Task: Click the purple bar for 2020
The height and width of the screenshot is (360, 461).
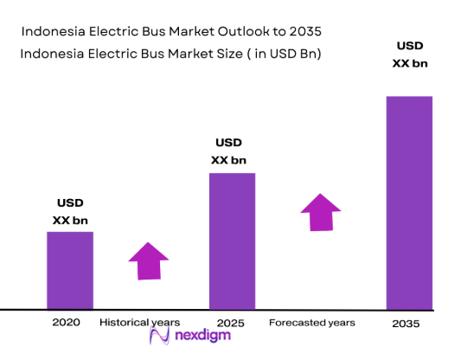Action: click(x=70, y=270)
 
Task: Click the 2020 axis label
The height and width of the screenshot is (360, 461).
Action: click(x=66, y=322)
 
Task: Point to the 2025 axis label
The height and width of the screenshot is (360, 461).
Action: click(x=232, y=323)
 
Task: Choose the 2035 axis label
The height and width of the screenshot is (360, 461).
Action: click(x=405, y=324)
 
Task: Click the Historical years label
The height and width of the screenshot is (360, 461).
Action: click(x=140, y=322)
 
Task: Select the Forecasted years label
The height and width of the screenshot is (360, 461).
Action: click(x=312, y=323)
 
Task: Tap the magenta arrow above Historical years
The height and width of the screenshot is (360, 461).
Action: click(x=149, y=260)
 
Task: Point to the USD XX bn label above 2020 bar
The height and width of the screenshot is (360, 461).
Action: click(x=70, y=212)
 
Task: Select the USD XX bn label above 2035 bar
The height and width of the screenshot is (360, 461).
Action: click(x=409, y=54)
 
